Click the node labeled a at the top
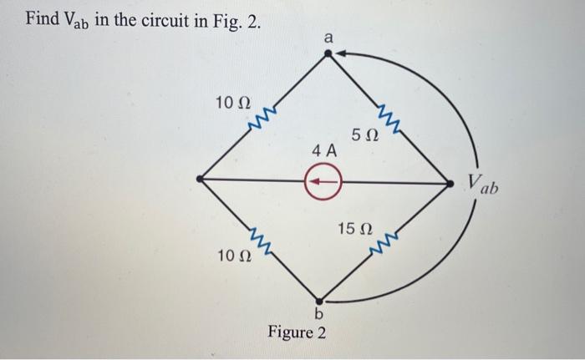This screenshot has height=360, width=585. pyautogui.click(x=328, y=53)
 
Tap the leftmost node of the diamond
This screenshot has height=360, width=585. pyautogui.click(x=199, y=178)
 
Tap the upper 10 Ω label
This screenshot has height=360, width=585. pyautogui.click(x=232, y=104)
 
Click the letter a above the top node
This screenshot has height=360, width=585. pyautogui.click(x=328, y=37)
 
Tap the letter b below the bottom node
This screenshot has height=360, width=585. pyautogui.click(x=318, y=315)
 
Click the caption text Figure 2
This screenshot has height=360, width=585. pyautogui.click(x=298, y=332)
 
